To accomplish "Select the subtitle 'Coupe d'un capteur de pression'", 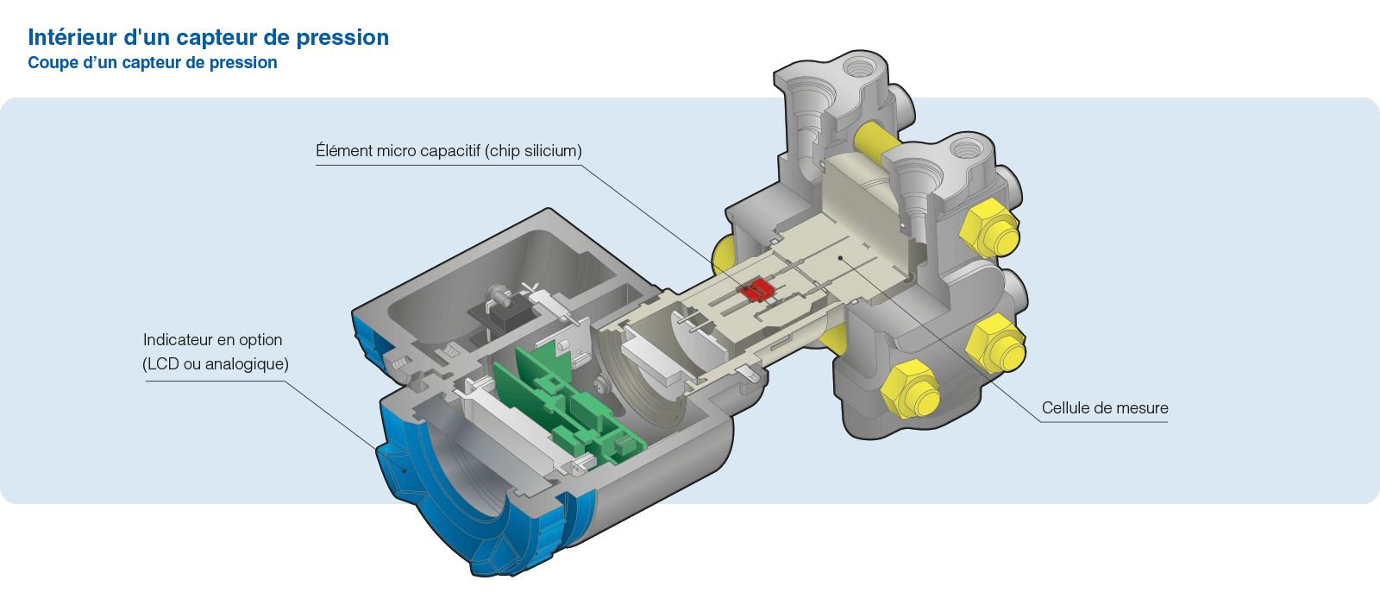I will click(x=153, y=62).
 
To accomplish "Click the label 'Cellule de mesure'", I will click(x=1104, y=407).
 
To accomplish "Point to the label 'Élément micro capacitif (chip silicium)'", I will click(x=448, y=151).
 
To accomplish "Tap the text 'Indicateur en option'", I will click(x=213, y=340).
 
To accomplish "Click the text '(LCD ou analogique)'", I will click(x=216, y=364).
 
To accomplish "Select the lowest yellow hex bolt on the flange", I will click(x=908, y=390).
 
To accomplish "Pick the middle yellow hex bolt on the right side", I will click(x=994, y=342).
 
